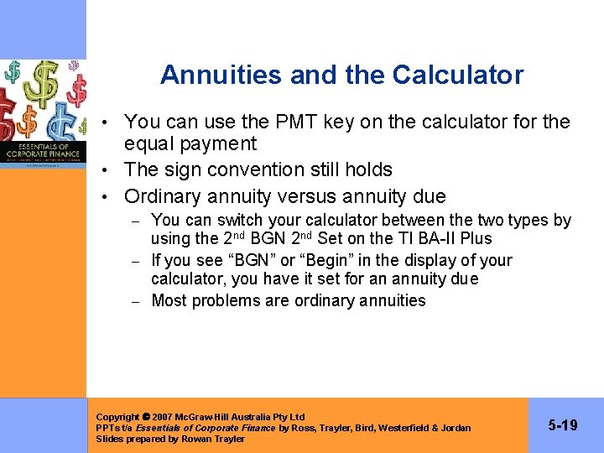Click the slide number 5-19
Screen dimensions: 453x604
pyautogui.click(x=562, y=425)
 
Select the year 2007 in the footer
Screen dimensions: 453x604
pyautogui.click(x=164, y=417)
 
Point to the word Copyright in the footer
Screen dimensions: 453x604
pyautogui.click(x=117, y=417)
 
